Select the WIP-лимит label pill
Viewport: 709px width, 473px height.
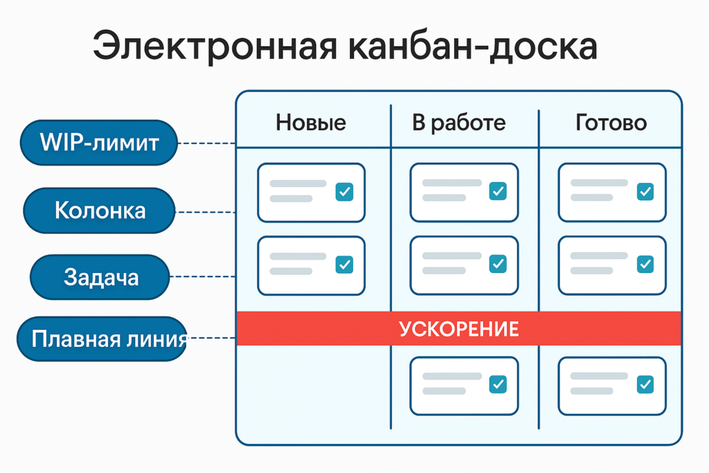click(x=99, y=143)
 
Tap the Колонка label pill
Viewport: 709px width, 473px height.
click(x=99, y=211)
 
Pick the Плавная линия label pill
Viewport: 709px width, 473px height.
click(x=102, y=339)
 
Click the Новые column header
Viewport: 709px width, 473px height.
click(x=311, y=123)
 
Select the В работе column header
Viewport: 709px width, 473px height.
click(x=458, y=123)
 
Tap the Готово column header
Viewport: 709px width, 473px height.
click(x=611, y=123)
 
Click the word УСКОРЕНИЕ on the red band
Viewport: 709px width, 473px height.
click(x=458, y=328)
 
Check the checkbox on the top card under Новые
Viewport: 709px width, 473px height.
click(x=344, y=192)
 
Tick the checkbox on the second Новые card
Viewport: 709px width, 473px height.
click(x=344, y=264)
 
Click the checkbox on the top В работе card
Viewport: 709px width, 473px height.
click(x=497, y=191)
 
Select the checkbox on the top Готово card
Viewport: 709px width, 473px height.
click(x=645, y=191)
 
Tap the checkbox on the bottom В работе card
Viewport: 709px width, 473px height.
click(x=497, y=384)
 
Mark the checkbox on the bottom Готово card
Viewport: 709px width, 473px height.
click(x=645, y=384)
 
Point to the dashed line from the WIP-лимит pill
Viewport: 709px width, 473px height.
click(x=206, y=144)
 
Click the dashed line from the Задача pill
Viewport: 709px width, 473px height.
click(x=202, y=277)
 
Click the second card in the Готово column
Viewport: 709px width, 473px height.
click(x=612, y=265)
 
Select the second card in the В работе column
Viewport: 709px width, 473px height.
click(x=464, y=265)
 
